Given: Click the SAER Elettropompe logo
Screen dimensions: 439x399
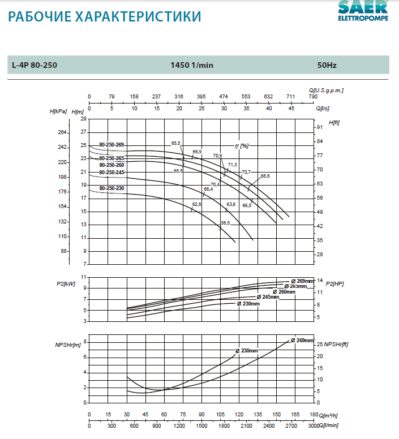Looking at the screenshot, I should (363, 12).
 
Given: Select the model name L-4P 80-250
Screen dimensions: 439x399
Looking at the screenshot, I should (35, 66).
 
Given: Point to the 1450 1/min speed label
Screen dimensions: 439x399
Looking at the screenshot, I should (192, 66).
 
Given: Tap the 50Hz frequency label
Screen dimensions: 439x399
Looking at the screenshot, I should (327, 66).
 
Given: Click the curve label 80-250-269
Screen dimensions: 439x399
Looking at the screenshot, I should (111, 145).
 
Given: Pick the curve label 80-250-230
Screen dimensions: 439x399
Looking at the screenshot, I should (111, 188).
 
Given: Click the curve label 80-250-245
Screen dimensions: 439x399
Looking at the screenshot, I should (111, 172).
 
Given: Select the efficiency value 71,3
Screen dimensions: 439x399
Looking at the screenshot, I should (232, 165).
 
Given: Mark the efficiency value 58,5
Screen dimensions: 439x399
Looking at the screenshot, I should (225, 223).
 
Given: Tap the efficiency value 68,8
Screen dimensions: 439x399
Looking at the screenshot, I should (265, 177).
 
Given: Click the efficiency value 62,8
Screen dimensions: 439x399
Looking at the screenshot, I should (196, 204).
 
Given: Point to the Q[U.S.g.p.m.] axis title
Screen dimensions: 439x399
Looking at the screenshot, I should (327, 90).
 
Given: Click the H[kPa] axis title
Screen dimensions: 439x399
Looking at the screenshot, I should (58, 111).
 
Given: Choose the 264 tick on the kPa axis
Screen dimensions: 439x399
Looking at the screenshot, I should (62, 132).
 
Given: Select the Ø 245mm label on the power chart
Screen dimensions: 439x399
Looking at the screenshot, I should (268, 297).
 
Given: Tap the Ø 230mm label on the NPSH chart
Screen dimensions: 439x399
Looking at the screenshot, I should (247, 351).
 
